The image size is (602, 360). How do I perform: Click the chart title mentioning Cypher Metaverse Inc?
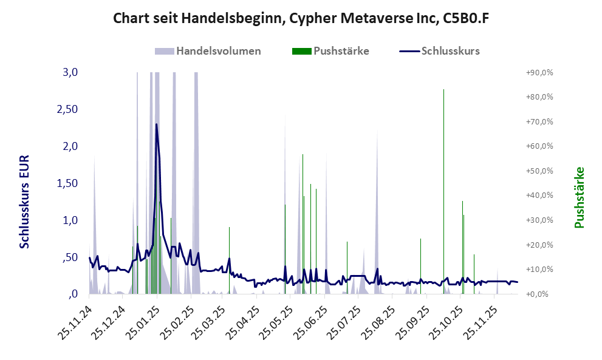pos(301,19)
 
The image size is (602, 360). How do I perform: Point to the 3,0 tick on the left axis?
pos(70,72)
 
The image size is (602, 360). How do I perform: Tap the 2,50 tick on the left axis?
pos(67,109)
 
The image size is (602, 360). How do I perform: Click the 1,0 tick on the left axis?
pos(70,220)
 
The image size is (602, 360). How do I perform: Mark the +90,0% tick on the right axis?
pos(539,72)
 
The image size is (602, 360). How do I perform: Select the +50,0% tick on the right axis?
pos(539,171)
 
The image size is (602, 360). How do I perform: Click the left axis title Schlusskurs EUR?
pos(24,200)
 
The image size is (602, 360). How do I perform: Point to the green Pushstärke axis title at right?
pos(579,197)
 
